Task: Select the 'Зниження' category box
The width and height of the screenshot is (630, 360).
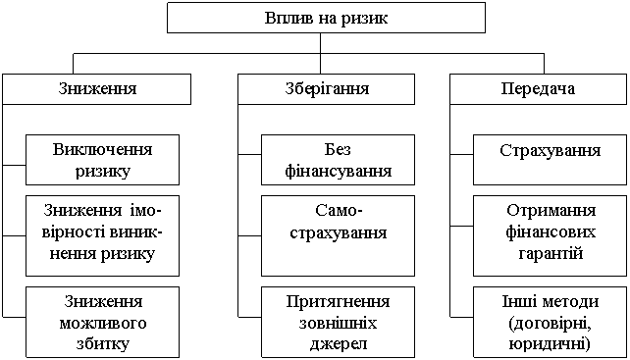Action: click(96, 89)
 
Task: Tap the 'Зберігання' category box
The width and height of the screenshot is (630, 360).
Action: click(326, 89)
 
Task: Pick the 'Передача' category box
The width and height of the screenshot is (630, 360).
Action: click(538, 89)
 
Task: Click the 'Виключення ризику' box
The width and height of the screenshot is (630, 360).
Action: click(102, 160)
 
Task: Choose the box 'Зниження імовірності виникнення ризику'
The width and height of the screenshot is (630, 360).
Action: click(102, 235)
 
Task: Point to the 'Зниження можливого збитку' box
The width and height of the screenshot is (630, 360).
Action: click(102, 323)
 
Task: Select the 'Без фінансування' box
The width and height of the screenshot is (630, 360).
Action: click(338, 160)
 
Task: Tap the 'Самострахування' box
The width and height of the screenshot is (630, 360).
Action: click(338, 235)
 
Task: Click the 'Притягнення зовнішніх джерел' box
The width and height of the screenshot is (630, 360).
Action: click(338, 323)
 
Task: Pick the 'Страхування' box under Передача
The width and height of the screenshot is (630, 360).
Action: click(551, 160)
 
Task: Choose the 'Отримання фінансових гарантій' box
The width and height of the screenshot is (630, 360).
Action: click(551, 235)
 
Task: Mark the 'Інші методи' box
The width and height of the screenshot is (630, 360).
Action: click(551, 323)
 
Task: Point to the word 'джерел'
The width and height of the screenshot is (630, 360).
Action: click(338, 344)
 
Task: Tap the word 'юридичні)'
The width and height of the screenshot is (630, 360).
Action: click(551, 344)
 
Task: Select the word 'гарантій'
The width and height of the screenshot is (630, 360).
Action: click(551, 253)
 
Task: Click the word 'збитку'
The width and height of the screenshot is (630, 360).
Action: click(102, 344)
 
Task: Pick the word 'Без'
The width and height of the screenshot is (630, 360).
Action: click(338, 150)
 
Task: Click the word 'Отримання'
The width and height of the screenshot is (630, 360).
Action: click(551, 212)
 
